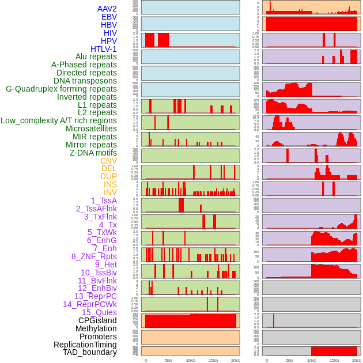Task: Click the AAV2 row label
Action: (107, 9)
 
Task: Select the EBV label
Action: (109, 17)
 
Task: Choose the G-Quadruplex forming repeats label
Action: (61, 89)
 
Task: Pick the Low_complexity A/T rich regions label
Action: (59, 120)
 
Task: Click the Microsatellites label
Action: (91, 128)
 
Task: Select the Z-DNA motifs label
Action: (93, 153)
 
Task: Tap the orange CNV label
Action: (108, 161)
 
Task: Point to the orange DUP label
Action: (108, 176)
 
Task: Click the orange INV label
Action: (110, 192)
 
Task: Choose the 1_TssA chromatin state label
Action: (104, 201)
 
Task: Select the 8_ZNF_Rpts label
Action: (94, 256)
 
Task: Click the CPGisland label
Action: (97, 320)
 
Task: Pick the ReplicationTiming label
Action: (85, 345)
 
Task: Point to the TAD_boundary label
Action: (90, 352)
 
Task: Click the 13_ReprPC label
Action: (95, 296)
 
